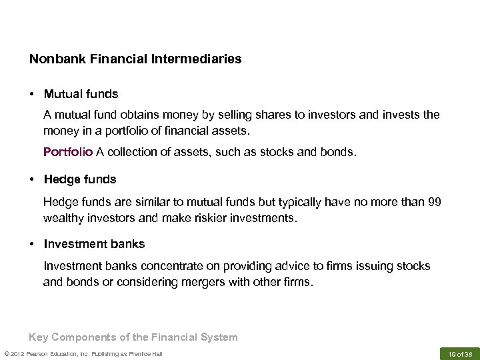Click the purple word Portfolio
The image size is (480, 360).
pyautogui.click(x=68, y=152)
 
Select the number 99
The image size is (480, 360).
pyautogui.click(x=434, y=202)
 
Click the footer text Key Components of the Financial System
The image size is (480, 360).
pyautogui.click(x=133, y=337)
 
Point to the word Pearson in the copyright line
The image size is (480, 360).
pyautogui.click(x=41, y=353)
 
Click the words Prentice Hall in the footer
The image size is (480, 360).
pyautogui.click(x=145, y=353)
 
